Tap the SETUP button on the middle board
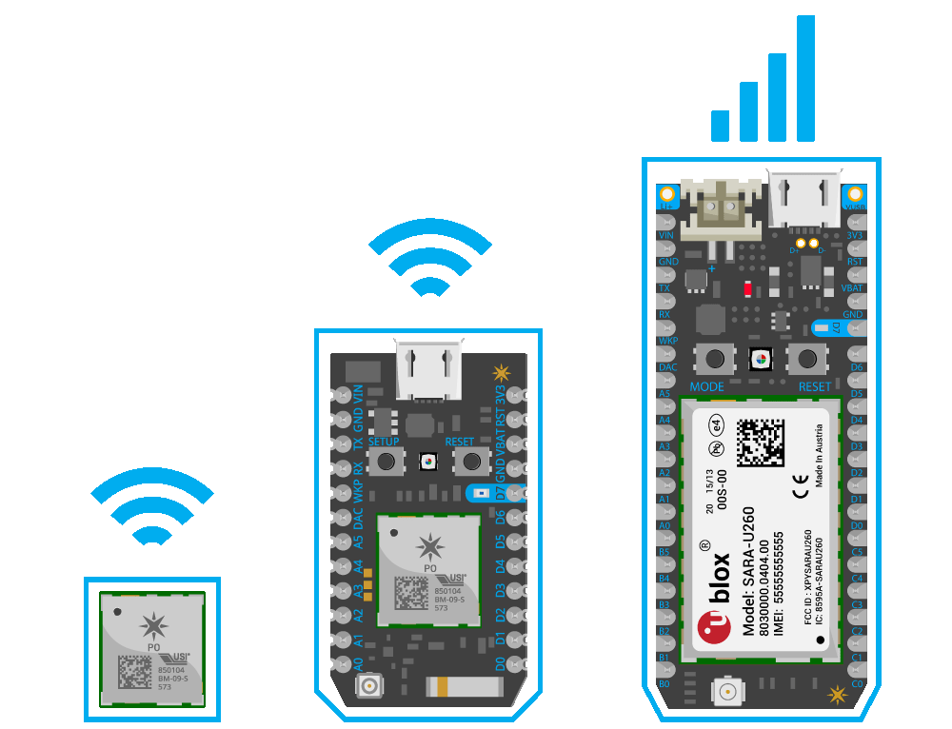point(386,462)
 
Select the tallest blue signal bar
point(805,78)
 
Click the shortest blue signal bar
point(720,126)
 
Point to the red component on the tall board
point(748,287)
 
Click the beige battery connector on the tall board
point(721,208)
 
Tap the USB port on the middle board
point(427,371)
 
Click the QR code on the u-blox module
point(761,443)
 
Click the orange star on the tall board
point(837,695)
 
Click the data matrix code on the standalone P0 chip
point(135,672)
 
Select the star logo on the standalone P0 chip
point(152,625)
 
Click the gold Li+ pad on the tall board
point(666,194)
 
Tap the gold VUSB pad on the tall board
point(856,194)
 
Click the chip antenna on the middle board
point(450,686)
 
